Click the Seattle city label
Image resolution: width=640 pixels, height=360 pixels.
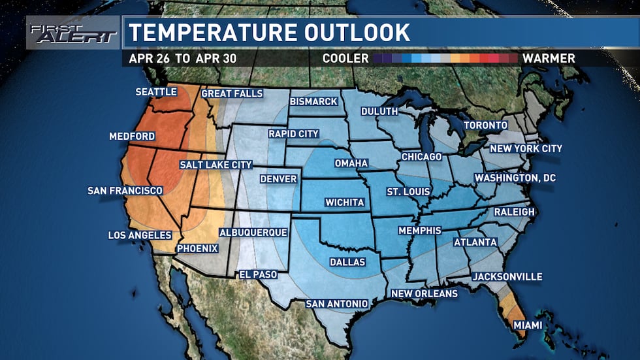point(156,91)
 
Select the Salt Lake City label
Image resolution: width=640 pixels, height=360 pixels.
point(216,165)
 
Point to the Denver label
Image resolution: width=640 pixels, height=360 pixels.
point(278,179)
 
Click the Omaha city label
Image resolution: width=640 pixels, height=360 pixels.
point(351,163)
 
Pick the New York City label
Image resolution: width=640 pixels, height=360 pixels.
point(525,148)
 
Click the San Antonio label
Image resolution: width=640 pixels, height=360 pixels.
point(337,304)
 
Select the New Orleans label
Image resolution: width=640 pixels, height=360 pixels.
point(424,293)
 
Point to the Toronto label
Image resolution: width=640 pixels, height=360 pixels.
point(485,125)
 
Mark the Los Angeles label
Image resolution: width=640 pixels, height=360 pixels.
point(139,235)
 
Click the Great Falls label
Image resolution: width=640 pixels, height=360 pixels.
point(232,93)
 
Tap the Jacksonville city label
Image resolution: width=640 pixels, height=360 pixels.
point(507,276)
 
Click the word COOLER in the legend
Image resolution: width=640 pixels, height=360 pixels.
point(345,58)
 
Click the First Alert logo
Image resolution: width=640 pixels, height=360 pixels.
point(72,33)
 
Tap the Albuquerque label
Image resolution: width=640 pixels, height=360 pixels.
point(253,232)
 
